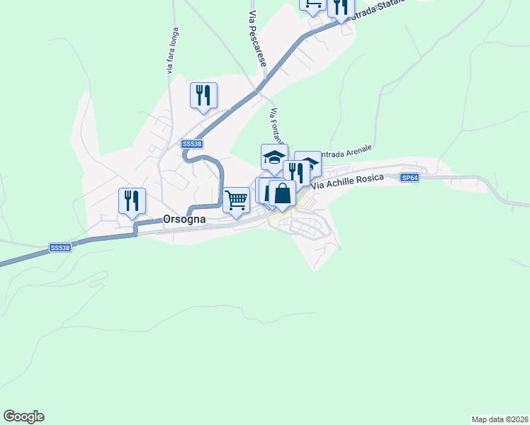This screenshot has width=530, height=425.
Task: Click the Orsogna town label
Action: click(184, 219)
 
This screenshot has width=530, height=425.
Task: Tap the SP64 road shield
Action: click(410, 178)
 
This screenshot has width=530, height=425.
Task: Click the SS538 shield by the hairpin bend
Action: click(191, 144)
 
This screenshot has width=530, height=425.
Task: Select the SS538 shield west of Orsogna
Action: click(60, 248)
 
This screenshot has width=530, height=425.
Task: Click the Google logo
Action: click(23, 416)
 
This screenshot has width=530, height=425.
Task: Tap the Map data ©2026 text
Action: click(500, 419)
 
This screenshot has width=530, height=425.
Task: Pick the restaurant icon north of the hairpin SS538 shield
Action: click(203, 95)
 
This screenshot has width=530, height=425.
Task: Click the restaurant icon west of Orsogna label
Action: click(132, 200)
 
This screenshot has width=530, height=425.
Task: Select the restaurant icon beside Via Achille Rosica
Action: click(295, 171)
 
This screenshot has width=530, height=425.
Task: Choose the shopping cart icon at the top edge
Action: click(312, 4)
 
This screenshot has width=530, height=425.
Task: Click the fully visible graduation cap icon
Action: click(274, 157)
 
